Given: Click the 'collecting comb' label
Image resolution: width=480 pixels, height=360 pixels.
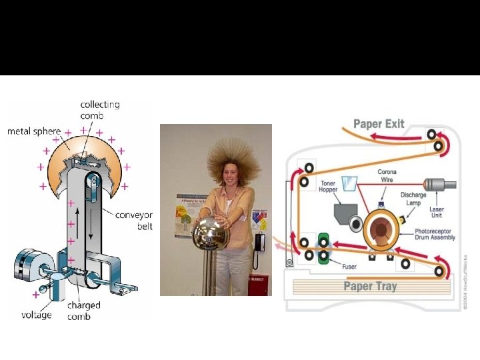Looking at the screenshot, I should click(x=100, y=109).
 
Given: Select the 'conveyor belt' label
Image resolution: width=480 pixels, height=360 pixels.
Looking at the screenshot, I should click(x=134, y=221).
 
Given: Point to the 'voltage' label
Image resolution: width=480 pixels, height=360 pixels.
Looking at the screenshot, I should click(x=36, y=314).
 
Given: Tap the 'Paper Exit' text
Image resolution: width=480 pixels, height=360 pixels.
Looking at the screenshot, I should click(x=379, y=124).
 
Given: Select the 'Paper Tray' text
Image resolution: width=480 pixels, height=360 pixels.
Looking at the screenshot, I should click(x=370, y=286).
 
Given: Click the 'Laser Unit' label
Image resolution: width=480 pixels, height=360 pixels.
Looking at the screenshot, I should click(x=437, y=213).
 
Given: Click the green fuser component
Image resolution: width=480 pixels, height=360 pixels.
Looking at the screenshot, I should click(x=325, y=246).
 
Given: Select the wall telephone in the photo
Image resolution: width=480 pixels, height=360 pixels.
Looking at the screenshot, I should click(x=258, y=243).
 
